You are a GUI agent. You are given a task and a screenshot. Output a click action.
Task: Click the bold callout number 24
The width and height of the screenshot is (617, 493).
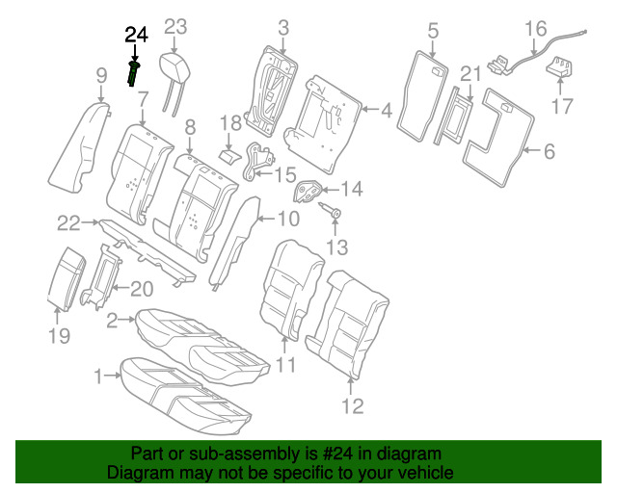(137, 35)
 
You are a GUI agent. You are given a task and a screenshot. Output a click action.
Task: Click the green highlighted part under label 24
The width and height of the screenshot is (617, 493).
(134, 73)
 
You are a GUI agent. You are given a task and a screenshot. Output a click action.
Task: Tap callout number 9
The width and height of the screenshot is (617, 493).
(101, 75)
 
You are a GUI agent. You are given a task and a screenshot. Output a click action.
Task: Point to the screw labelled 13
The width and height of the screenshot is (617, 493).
(330, 210)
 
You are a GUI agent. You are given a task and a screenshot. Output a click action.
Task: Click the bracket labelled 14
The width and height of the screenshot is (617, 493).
(308, 192)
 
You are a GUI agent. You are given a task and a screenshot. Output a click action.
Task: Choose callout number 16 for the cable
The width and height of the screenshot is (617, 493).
(536, 29)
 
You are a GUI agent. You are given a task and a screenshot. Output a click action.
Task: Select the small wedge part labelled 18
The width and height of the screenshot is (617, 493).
(229, 155)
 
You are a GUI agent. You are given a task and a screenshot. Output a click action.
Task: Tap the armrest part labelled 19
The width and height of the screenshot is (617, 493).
(66, 279)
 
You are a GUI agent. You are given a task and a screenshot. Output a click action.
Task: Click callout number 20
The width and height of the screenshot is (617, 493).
(142, 290)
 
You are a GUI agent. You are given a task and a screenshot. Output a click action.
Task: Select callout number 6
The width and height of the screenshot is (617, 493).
(550, 151)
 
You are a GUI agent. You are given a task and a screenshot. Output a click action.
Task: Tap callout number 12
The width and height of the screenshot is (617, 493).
(353, 405)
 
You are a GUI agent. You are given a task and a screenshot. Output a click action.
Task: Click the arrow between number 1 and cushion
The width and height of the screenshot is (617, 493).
(114, 376)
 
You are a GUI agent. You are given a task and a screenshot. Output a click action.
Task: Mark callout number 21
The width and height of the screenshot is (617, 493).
(471, 74)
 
